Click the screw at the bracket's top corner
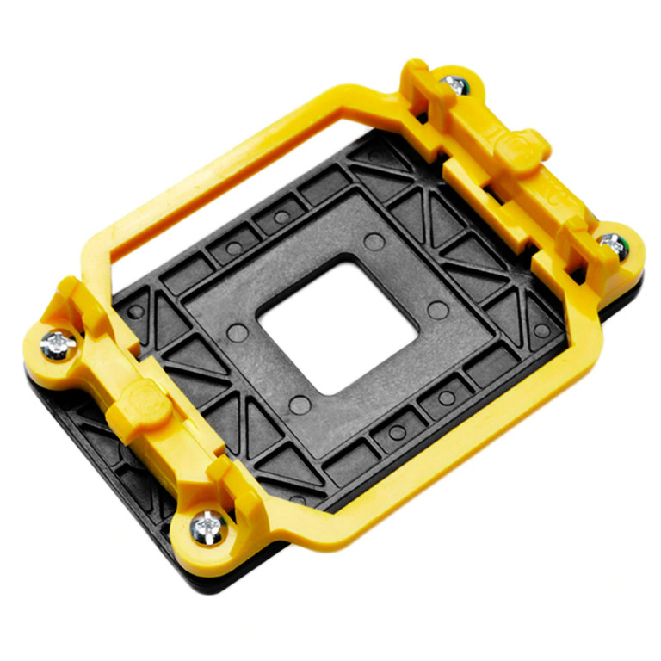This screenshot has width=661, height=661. [x=453, y=83]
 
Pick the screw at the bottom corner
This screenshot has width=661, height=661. [x=208, y=523]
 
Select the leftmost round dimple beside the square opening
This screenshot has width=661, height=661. [x=239, y=331]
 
